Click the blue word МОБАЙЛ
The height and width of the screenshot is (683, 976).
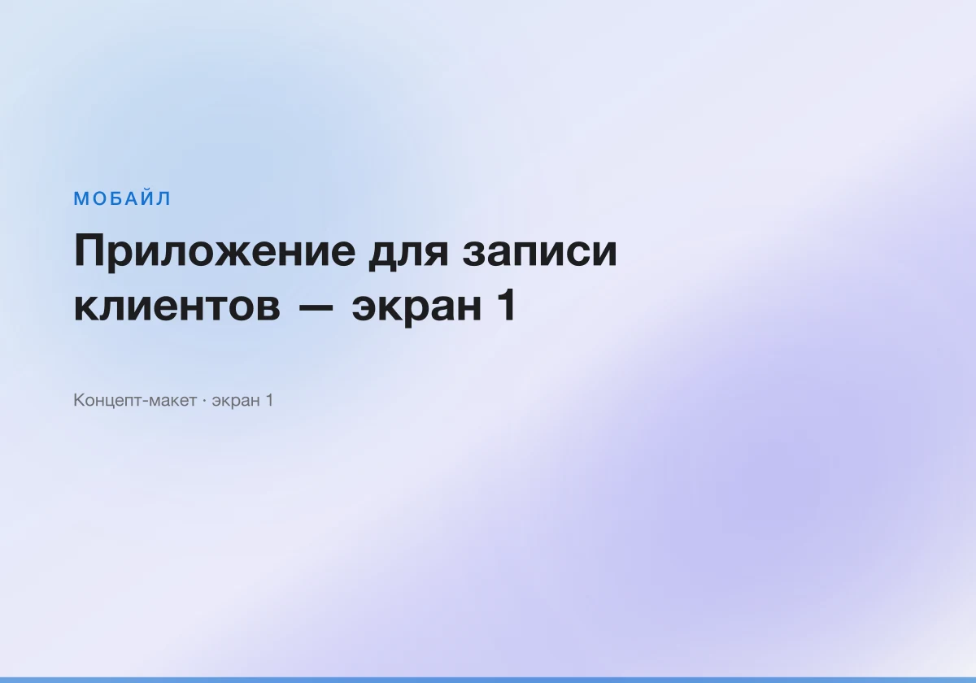click(x=122, y=198)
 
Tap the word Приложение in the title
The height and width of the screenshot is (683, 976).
click(x=215, y=253)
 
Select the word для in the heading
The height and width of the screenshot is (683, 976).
click(x=408, y=254)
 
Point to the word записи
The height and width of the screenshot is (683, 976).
click(x=539, y=253)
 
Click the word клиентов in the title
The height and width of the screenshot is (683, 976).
click(x=177, y=307)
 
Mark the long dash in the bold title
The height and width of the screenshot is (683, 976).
click(x=316, y=307)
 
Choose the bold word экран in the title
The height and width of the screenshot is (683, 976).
click(x=416, y=309)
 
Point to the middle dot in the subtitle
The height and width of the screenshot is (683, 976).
click(x=204, y=400)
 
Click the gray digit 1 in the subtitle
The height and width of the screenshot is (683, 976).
click(x=269, y=400)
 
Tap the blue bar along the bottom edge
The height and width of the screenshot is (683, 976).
click(x=488, y=680)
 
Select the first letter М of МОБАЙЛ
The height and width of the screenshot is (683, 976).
click(x=81, y=198)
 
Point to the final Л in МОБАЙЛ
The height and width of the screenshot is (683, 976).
click(x=163, y=198)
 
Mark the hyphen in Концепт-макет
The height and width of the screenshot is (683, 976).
click(x=146, y=402)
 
